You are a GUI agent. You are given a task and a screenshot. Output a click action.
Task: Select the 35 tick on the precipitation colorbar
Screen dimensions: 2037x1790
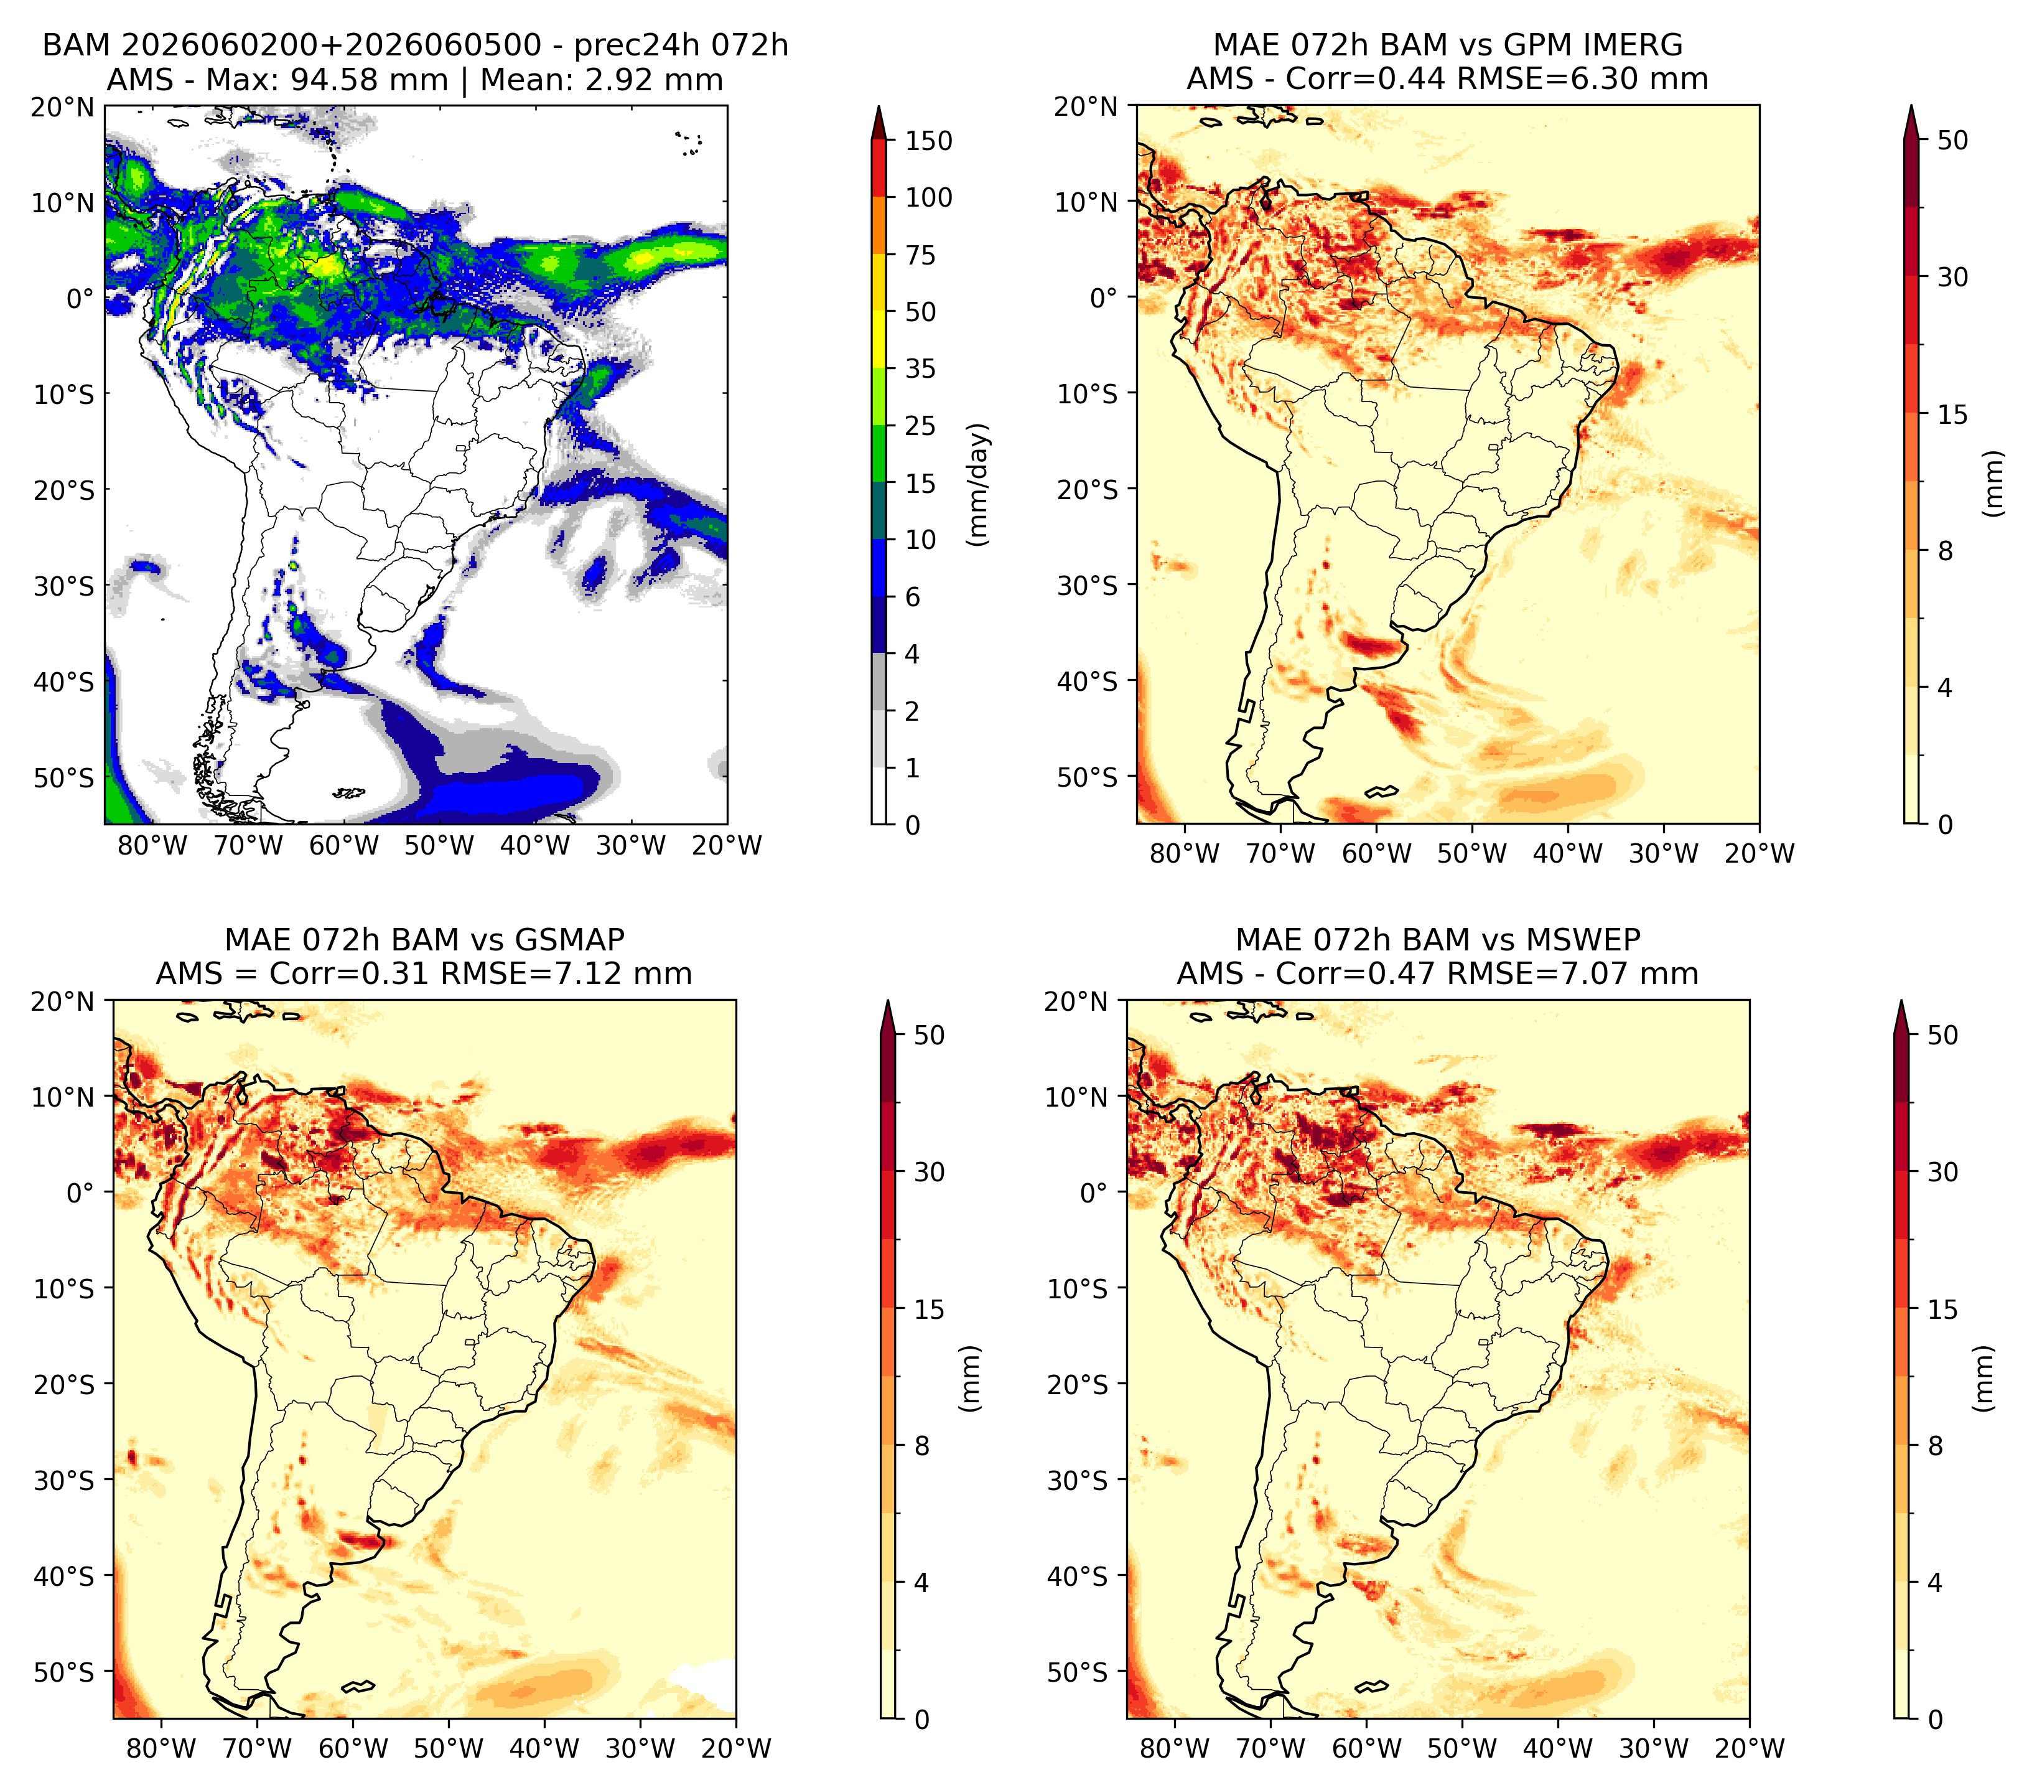pyautogui.click(x=921, y=368)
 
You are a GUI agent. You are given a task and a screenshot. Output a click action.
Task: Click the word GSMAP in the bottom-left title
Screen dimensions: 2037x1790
pyautogui.click(x=570, y=940)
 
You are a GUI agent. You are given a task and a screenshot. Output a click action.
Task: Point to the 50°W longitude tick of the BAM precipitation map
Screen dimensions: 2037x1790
pyautogui.click(x=439, y=846)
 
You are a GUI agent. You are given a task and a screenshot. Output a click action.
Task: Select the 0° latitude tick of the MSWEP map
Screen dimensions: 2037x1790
pyautogui.click(x=1093, y=1193)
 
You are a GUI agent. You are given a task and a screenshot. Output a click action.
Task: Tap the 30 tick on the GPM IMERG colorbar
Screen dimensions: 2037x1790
pyautogui.click(x=1952, y=277)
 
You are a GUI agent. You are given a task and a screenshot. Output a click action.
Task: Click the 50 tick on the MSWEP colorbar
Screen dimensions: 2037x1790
pyautogui.click(x=1942, y=1036)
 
